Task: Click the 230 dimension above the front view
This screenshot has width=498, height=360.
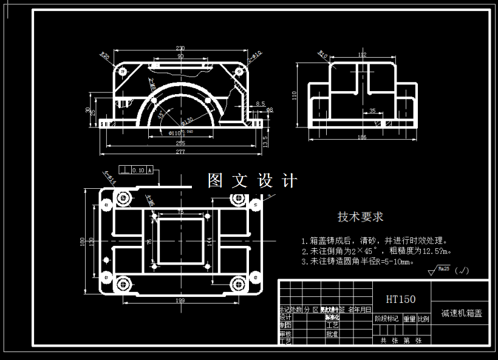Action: click(x=180, y=48)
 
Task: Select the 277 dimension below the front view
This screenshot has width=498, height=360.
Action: click(x=180, y=151)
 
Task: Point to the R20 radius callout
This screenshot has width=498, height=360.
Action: click(x=104, y=56)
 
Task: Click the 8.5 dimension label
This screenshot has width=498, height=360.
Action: click(x=260, y=104)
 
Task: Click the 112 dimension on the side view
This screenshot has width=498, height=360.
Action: click(x=363, y=55)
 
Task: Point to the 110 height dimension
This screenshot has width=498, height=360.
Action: click(x=295, y=95)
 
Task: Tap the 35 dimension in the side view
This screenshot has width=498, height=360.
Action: click(x=372, y=111)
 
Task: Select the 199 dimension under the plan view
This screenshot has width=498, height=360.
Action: click(x=180, y=300)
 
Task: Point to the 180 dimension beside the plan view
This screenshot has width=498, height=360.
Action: click(x=83, y=241)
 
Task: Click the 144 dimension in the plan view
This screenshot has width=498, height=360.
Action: click(x=210, y=241)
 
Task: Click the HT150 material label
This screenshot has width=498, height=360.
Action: click(x=401, y=299)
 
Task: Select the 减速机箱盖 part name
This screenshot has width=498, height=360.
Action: click(x=461, y=314)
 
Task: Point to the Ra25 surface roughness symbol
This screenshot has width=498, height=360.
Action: click(x=442, y=270)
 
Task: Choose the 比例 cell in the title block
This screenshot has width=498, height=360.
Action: click(x=423, y=318)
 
